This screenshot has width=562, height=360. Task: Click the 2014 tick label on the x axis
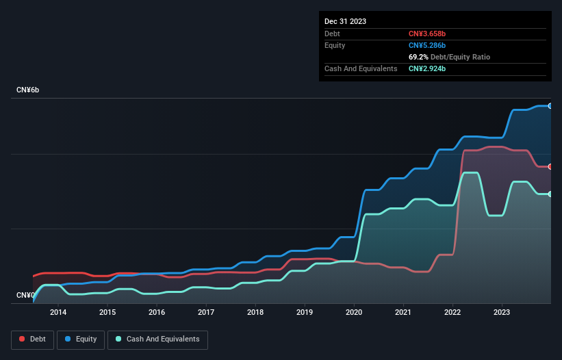[x=58, y=312]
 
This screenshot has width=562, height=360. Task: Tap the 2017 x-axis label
[x=206, y=312]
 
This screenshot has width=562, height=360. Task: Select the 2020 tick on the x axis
[x=354, y=312]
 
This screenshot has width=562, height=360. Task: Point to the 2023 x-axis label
[x=502, y=312]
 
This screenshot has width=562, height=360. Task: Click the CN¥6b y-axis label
[x=28, y=90]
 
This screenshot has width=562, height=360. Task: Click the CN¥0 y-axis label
[x=25, y=296]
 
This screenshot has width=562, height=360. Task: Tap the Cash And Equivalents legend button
[x=157, y=339]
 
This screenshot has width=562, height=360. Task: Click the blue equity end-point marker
[x=550, y=106]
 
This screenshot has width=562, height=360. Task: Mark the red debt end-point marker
[x=550, y=166]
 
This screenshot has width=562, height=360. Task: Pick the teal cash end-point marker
[x=550, y=194]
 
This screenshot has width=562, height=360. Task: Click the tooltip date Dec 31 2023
[x=345, y=21]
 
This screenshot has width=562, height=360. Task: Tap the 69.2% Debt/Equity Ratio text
[x=449, y=57]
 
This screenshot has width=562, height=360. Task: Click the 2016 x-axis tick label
[x=157, y=312]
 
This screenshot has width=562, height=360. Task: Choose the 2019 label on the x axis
[x=305, y=312]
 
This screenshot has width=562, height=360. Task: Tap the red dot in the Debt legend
[x=22, y=339]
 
